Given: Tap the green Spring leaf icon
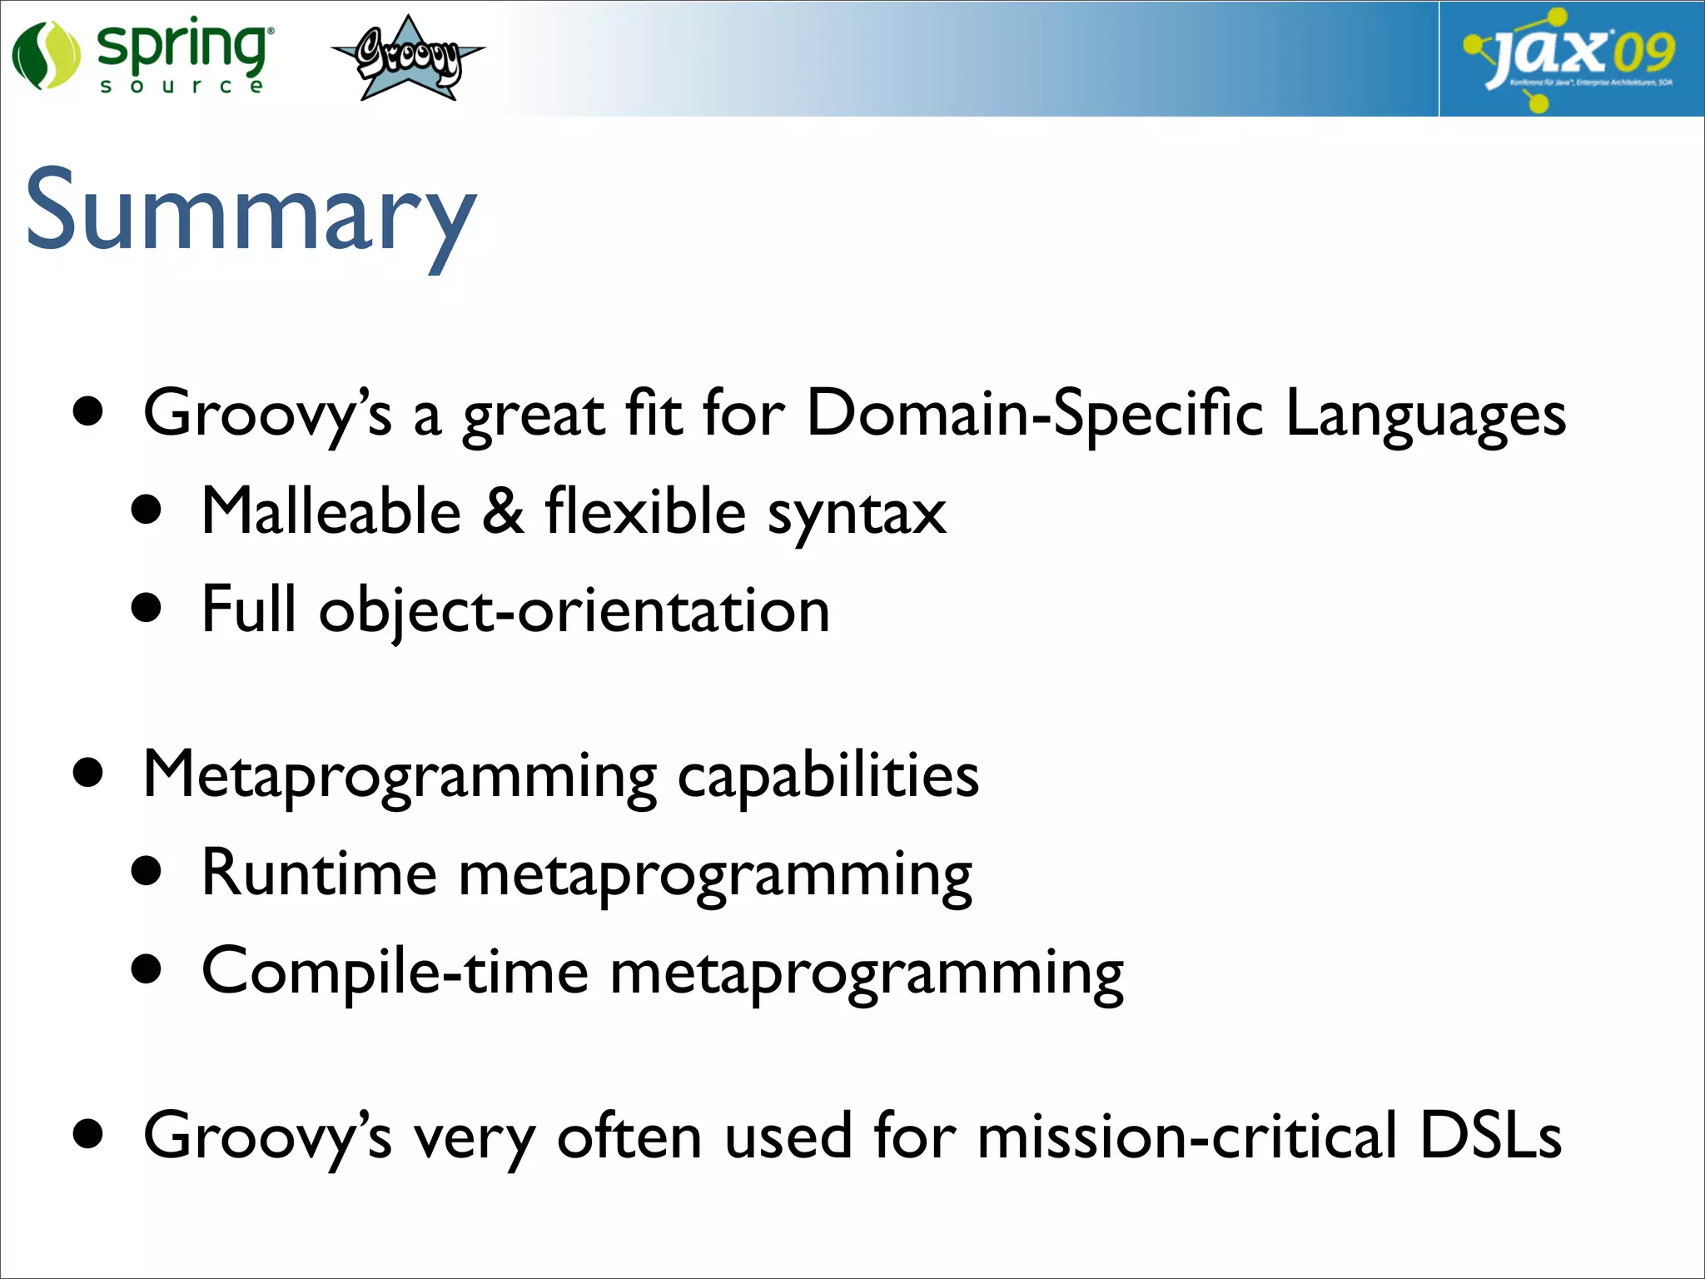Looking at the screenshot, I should (x=46, y=56).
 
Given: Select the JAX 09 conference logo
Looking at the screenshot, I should (x=1570, y=58).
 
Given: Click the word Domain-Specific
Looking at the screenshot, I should (x=1035, y=413).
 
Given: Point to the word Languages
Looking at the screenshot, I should (x=1425, y=415).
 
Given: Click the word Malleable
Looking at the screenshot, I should (x=331, y=511).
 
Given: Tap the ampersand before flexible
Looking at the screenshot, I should (x=504, y=511).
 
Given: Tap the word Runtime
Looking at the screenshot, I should (x=320, y=873).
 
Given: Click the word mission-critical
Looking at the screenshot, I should (x=1186, y=1137).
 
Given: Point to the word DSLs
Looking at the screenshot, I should (x=1490, y=1135).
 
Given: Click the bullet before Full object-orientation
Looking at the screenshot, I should (x=147, y=609).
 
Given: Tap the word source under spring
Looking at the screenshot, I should (x=181, y=87).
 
